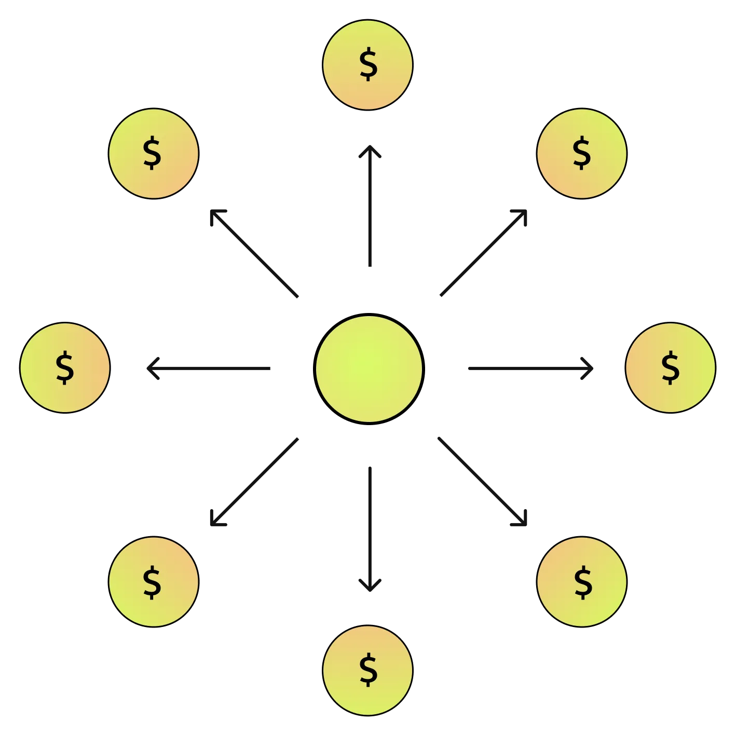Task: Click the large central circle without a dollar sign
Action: pos(369,369)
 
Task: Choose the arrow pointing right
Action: pos(529,369)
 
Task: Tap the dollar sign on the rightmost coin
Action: pos(670,367)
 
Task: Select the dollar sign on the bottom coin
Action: pos(368,670)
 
